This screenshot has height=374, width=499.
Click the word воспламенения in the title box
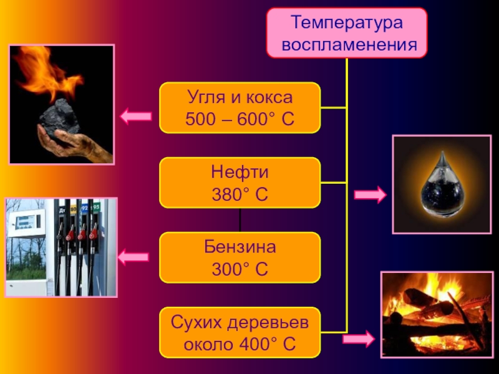point(347,45)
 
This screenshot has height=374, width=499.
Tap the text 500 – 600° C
point(240,118)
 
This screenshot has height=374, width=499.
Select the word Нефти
point(240,173)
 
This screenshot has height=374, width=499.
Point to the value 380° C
point(240,194)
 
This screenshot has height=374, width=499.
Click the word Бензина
point(240,247)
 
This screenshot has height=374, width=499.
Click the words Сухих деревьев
point(240,322)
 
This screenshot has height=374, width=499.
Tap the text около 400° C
point(240,343)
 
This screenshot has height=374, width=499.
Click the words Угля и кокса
point(240,97)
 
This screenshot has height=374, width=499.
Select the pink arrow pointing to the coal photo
point(135,115)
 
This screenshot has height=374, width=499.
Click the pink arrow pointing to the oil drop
point(370,195)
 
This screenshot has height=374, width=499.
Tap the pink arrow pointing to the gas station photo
point(133,255)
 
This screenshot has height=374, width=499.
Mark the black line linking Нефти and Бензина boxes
point(240,220)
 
